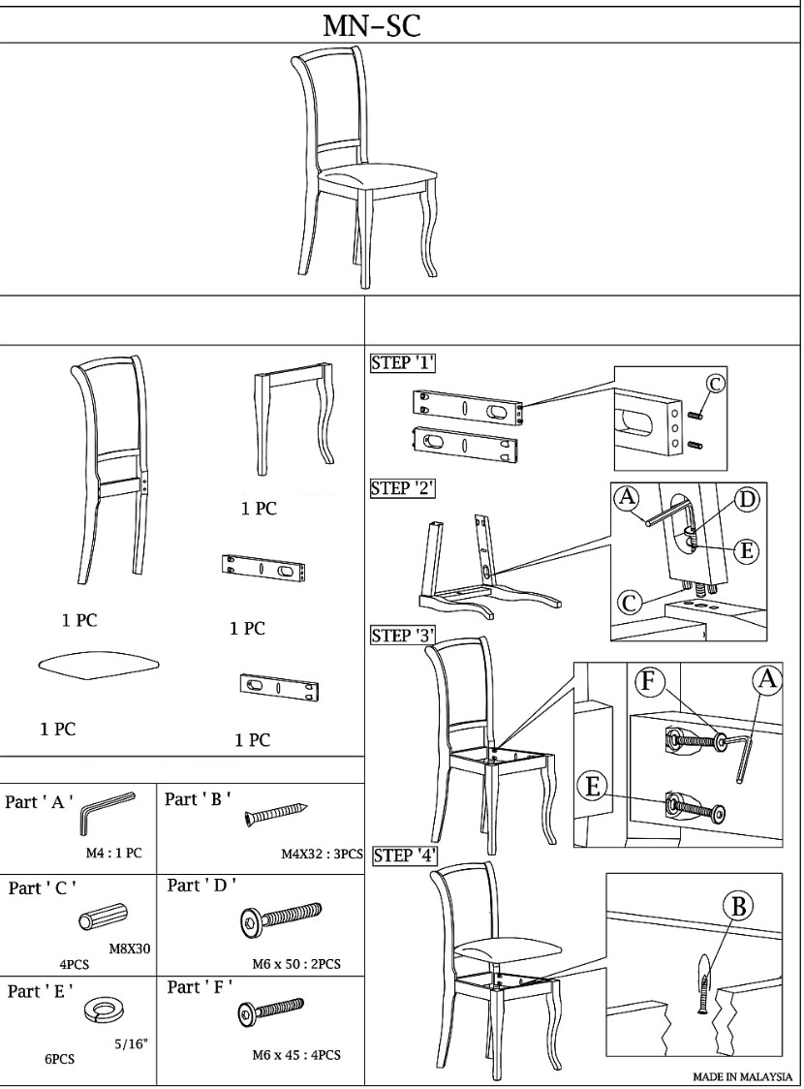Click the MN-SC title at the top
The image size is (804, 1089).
(371, 26)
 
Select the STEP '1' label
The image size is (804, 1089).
(403, 362)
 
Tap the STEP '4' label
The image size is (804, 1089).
(406, 856)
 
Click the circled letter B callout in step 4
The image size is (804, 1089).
(738, 906)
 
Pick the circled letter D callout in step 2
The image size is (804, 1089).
(747, 499)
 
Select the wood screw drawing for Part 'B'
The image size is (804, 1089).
(276, 814)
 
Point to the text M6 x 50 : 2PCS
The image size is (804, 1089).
(296, 964)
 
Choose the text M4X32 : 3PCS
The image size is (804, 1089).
(323, 854)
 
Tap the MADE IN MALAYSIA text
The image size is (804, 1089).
(742, 1076)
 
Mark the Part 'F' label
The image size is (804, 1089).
(200, 987)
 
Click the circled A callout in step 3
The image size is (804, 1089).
(766, 679)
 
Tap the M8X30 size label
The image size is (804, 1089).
(130, 948)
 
